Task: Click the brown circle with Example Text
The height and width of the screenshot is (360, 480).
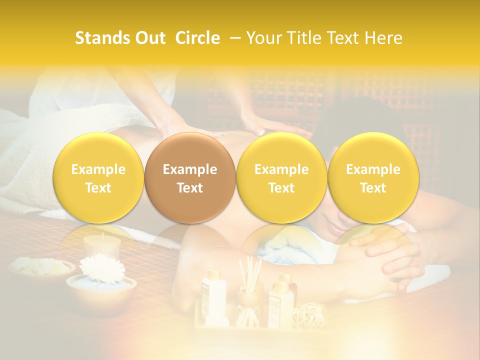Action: click(190, 178)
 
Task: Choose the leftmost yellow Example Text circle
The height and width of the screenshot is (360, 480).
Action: click(98, 178)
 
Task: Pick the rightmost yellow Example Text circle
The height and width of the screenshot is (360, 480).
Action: click(373, 178)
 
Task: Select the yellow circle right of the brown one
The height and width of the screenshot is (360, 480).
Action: click(281, 178)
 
